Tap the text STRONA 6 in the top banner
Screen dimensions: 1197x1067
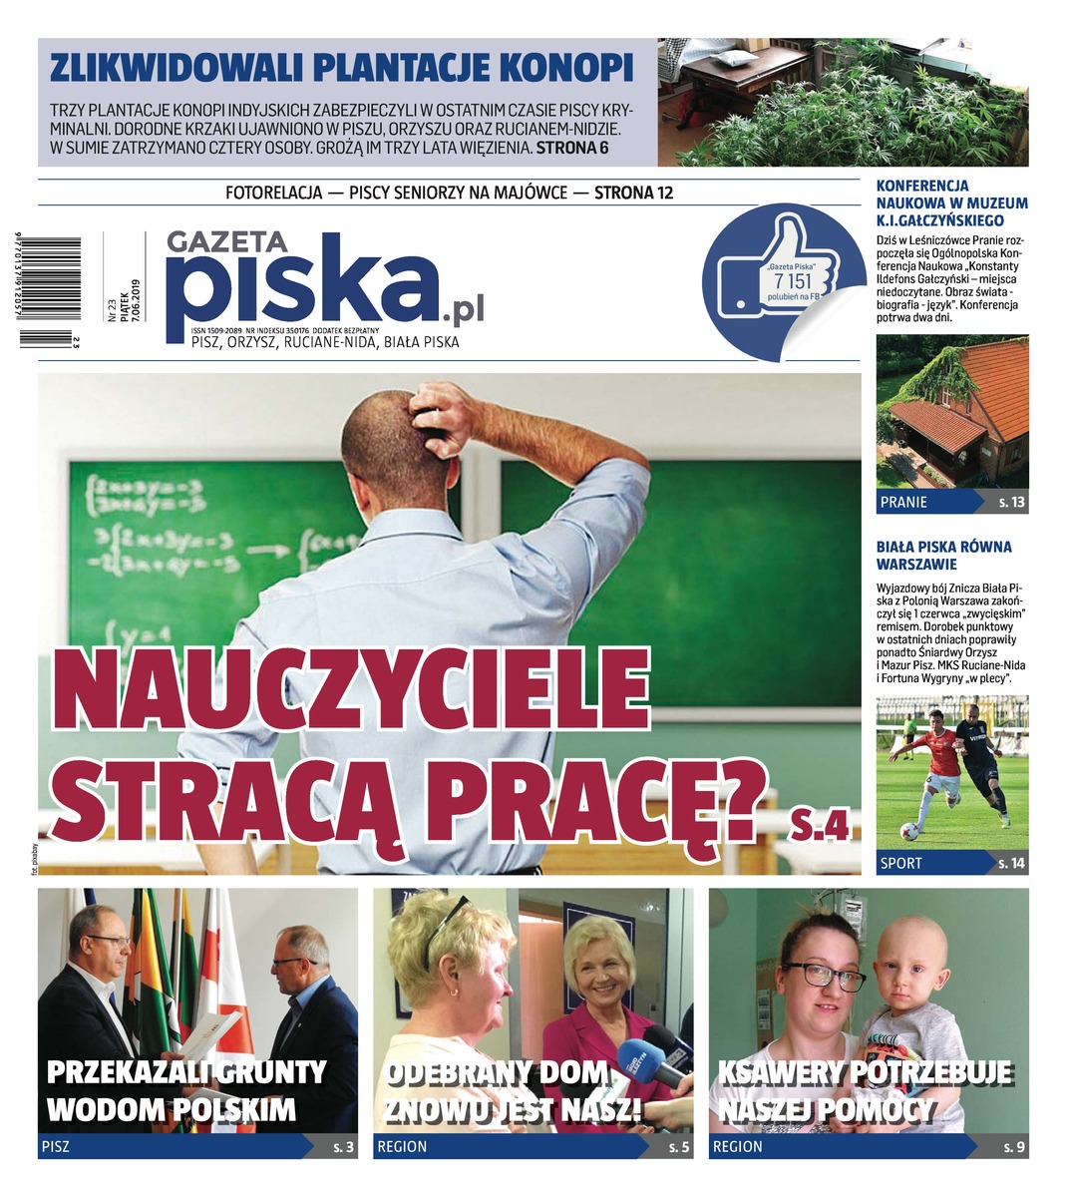tap(571, 149)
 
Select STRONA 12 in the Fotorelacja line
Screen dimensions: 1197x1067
tap(633, 193)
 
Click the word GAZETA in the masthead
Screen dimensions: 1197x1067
tap(227, 241)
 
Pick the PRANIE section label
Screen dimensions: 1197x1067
tap(903, 503)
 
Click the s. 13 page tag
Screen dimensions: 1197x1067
tap(1011, 503)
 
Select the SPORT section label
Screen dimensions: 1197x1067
tap(901, 863)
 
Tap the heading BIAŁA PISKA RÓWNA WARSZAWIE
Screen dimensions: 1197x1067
tap(943, 556)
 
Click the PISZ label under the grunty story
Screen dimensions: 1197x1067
tap(56, 1147)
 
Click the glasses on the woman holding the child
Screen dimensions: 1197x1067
tap(826, 975)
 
